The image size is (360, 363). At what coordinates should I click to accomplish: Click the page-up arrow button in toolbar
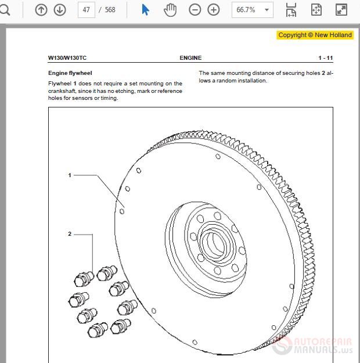coord(41,10)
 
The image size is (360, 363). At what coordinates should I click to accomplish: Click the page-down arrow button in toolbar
coord(59,10)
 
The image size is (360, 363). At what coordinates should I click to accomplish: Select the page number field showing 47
coord(86,10)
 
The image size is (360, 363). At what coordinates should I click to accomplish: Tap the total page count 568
coord(110,10)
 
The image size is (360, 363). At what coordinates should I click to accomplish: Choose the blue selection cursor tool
coord(145,10)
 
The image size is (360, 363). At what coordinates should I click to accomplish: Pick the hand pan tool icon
coord(170,10)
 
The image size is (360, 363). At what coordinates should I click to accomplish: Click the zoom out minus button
coord(195,10)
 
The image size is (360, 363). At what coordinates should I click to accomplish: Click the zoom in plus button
coord(214,10)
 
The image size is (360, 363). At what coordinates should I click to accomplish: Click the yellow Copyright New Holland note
coord(315,35)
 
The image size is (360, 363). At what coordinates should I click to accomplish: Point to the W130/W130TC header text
coord(67,58)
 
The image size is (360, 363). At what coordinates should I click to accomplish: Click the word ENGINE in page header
coord(190,58)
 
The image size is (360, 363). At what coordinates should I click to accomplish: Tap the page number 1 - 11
coord(325,58)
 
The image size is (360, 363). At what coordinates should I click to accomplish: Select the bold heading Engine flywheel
coord(70,74)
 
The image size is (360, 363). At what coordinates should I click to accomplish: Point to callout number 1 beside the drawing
coord(70,175)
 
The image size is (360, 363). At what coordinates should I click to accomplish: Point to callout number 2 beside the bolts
coord(70,234)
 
